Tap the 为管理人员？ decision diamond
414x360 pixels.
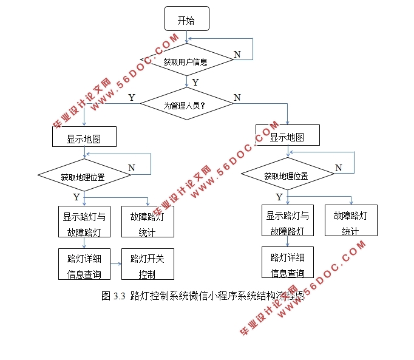point(186,104)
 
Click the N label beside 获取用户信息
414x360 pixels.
point(237,54)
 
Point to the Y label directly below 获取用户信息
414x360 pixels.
point(195,82)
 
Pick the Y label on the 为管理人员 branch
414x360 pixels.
point(131,97)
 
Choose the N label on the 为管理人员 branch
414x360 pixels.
point(237,97)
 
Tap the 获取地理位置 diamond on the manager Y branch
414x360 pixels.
point(84,177)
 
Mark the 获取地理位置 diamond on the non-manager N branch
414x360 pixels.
point(287,176)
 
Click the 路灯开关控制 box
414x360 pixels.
point(147,265)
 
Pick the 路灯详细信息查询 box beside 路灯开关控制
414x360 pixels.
point(84,265)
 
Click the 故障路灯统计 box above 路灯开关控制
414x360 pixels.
point(148,222)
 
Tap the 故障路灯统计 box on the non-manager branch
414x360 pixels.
point(351,222)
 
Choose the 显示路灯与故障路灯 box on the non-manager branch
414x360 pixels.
point(287,222)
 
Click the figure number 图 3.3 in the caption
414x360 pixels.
point(114,297)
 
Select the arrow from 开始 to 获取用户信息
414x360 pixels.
point(186,36)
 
